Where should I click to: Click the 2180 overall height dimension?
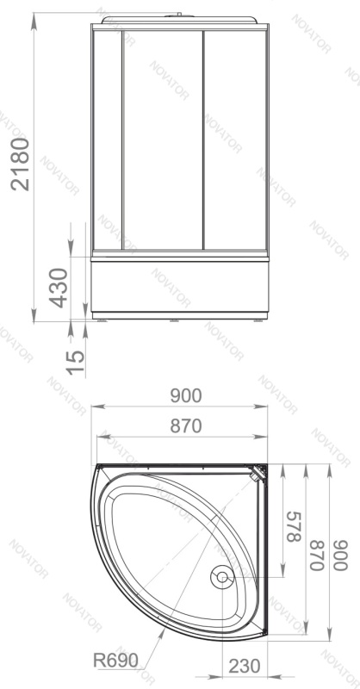coord(20,164)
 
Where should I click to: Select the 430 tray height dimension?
coord(59,288)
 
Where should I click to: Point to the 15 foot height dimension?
coord(76,362)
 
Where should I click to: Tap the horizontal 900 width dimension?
coord(186,396)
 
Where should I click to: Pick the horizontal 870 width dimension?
coord(186,425)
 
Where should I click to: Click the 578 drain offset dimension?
coord(294,527)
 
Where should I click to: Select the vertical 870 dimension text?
coord(317,555)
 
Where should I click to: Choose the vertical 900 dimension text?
coord(340,555)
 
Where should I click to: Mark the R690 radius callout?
coord(115,660)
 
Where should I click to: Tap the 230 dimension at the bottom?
coord(245,666)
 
